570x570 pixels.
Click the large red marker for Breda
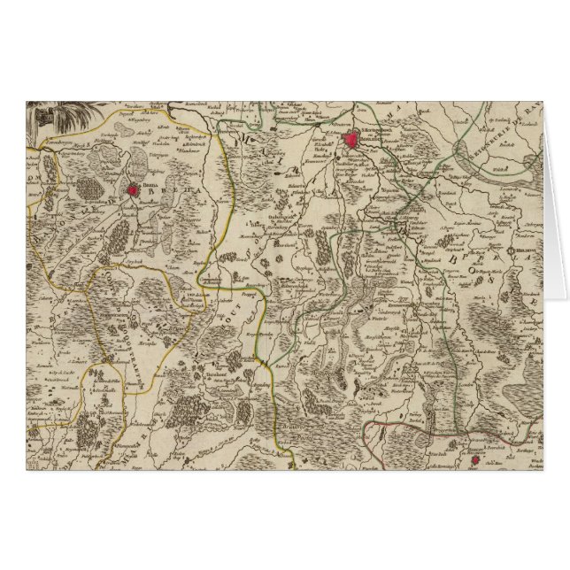(134, 189)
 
